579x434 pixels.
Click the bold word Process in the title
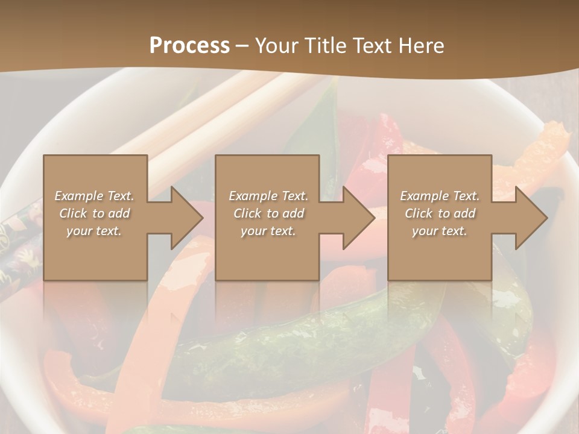click(x=189, y=46)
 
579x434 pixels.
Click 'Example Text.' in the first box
click(x=94, y=196)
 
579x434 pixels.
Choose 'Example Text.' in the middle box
click(x=268, y=196)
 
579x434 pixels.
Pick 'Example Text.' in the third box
click(x=440, y=196)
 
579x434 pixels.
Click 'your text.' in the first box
click(x=94, y=231)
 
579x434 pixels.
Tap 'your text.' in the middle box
click(x=268, y=231)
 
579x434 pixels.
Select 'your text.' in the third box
click(x=440, y=231)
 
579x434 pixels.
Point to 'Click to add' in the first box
click(x=94, y=213)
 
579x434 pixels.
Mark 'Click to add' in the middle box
click(x=268, y=213)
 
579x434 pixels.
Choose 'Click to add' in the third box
click(x=440, y=213)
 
